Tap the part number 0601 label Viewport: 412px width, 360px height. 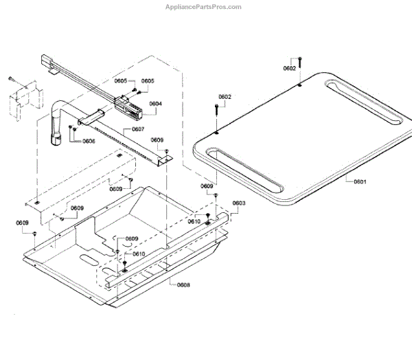pyautogui.click(x=360, y=182)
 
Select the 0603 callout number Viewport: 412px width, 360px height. pyautogui.click(x=238, y=203)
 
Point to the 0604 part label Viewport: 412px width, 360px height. pyautogui.click(x=155, y=104)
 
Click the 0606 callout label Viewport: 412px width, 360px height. pyautogui.click(x=89, y=141)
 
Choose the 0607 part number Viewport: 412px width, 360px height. pyautogui.click(x=138, y=129)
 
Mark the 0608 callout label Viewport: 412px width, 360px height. pyautogui.click(x=183, y=284)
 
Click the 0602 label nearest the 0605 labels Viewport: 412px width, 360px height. pyautogui.click(x=225, y=97)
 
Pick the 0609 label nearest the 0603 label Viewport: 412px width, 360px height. pyautogui.click(x=207, y=186)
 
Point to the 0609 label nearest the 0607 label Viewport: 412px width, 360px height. pyautogui.click(x=157, y=140)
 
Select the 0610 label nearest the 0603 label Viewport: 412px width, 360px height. pyautogui.click(x=195, y=221)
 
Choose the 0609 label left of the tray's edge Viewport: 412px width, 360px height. pyautogui.click(x=23, y=223)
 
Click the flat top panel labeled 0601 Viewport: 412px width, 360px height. pyautogui.click(x=302, y=137)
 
